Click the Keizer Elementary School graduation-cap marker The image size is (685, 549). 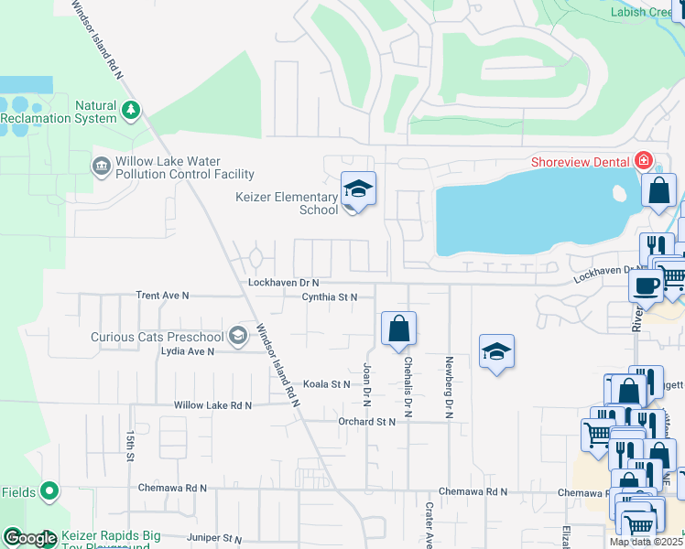click(x=358, y=190)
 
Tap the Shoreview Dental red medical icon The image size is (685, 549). click(x=644, y=161)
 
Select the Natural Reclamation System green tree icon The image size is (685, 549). click(x=131, y=111)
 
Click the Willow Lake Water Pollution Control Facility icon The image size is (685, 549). click(x=100, y=167)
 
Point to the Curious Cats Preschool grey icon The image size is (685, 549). click(x=239, y=336)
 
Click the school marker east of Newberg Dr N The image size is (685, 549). click(x=496, y=352)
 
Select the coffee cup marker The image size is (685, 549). click(x=647, y=284)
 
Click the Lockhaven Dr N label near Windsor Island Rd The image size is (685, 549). click(x=283, y=284)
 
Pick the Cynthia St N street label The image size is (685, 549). click(x=330, y=297)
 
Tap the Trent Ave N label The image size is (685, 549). click(x=162, y=296)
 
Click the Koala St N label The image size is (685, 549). click(x=327, y=384)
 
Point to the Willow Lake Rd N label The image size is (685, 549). click(x=212, y=404)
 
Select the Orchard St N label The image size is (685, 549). click(x=365, y=422)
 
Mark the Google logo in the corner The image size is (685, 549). click(x=30, y=538)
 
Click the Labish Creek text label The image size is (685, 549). click(x=647, y=12)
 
